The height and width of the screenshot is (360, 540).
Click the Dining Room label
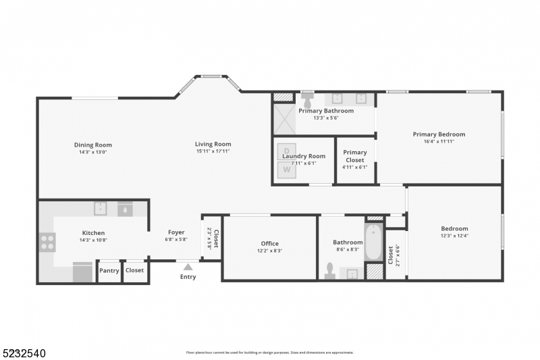click(x=93, y=145)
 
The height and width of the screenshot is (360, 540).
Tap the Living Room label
click(x=213, y=144)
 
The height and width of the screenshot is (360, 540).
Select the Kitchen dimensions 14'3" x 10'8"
click(x=93, y=240)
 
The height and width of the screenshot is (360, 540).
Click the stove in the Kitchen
click(x=47, y=242)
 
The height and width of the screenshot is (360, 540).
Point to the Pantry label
click(x=109, y=270)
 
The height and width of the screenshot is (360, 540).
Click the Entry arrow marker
click(x=188, y=266)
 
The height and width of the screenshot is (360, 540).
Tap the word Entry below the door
click(x=188, y=276)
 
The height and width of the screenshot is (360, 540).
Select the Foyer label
click(x=176, y=232)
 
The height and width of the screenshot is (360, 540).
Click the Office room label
click(x=269, y=244)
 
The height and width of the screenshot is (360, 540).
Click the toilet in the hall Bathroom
click(x=329, y=270)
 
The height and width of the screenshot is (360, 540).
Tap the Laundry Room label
click(x=304, y=156)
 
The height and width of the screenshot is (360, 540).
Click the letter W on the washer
click(x=286, y=170)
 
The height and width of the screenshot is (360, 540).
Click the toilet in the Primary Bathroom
click(x=308, y=100)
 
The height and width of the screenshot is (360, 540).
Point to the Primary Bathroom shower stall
click(x=283, y=118)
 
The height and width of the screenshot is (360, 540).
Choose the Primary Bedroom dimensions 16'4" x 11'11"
click(x=439, y=141)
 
